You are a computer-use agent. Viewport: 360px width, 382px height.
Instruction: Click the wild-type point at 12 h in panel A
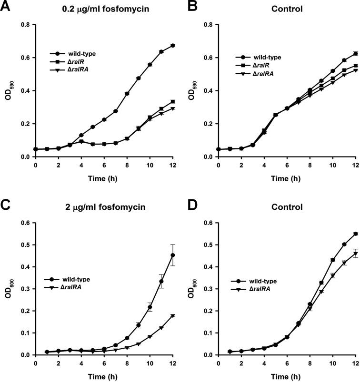[x=173, y=46]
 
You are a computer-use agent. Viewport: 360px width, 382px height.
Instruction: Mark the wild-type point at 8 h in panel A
[x=127, y=94]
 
